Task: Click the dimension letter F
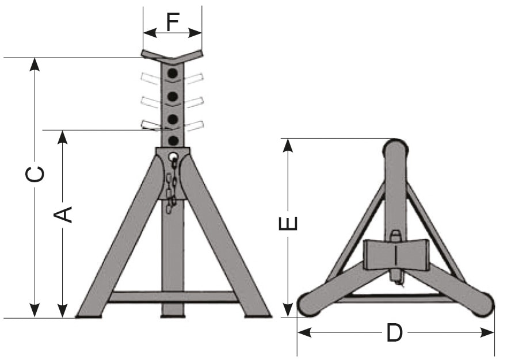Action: pyautogui.click(x=173, y=21)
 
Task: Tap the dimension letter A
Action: pyautogui.click(x=63, y=214)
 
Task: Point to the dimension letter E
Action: pyautogui.click(x=288, y=223)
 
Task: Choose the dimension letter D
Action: pyautogui.click(x=394, y=333)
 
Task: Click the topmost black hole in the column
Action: pyautogui.click(x=173, y=74)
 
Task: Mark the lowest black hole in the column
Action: pyautogui.click(x=173, y=140)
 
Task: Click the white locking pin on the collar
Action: pyautogui.click(x=173, y=156)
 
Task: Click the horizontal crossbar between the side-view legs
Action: pyautogui.click(x=173, y=297)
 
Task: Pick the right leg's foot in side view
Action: pyautogui.click(x=257, y=313)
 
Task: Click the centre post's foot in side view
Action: pyautogui.click(x=173, y=313)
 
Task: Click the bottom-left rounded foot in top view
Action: pyautogui.click(x=311, y=302)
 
